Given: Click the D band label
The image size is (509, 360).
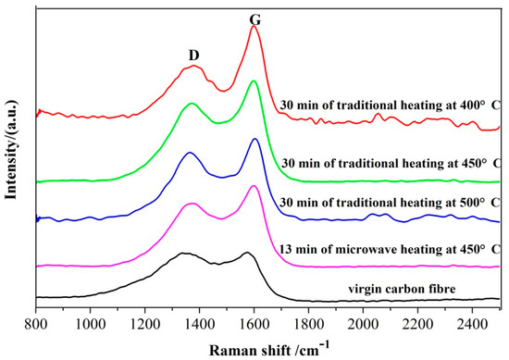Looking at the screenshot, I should click(x=193, y=56).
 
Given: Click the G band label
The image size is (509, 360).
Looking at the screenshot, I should click(x=254, y=14).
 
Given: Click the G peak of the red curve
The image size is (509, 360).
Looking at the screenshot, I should click(x=254, y=27).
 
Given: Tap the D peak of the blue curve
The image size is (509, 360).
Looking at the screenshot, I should click(x=190, y=153).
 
